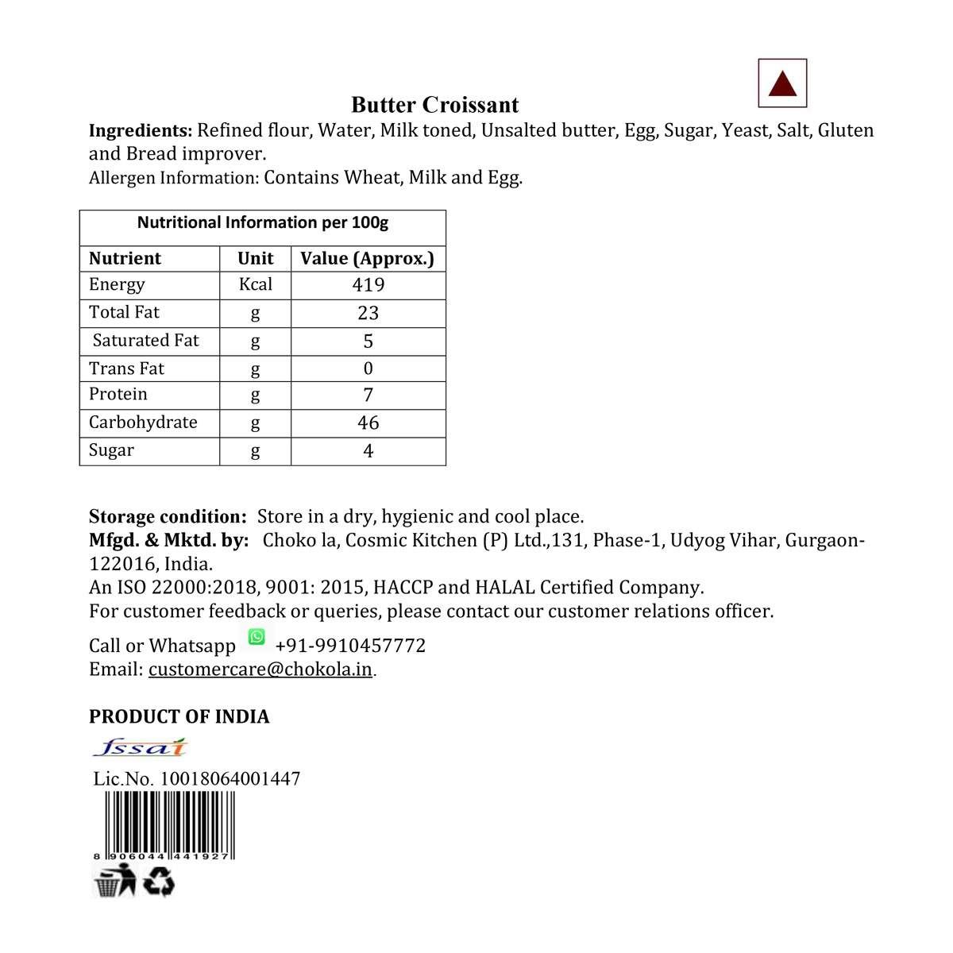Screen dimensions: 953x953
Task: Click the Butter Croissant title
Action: (x=434, y=105)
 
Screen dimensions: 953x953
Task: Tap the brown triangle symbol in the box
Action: (x=783, y=84)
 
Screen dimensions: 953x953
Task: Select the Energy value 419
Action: (x=368, y=285)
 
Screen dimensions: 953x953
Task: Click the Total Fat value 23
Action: (x=368, y=313)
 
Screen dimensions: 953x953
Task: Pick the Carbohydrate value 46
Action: (x=368, y=422)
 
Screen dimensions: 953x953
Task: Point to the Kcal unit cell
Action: (x=255, y=284)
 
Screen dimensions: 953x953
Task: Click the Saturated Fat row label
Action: (x=145, y=341)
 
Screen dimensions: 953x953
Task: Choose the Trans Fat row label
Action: (x=126, y=368)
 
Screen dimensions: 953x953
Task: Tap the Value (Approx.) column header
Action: (x=367, y=259)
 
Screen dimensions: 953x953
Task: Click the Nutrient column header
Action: (x=125, y=259)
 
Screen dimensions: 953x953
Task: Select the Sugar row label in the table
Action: (x=111, y=450)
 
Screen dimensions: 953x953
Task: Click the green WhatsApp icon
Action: (x=257, y=636)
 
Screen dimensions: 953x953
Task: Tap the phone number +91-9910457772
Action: (x=350, y=646)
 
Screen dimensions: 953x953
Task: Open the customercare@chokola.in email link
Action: (x=260, y=669)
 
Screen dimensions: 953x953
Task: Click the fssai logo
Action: (x=140, y=747)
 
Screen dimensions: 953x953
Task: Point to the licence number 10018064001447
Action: (x=230, y=778)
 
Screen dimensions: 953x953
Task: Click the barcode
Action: (x=164, y=826)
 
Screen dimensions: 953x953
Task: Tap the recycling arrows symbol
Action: (x=160, y=882)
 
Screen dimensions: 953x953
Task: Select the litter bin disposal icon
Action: (x=114, y=882)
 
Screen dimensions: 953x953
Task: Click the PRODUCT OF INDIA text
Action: (x=179, y=716)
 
